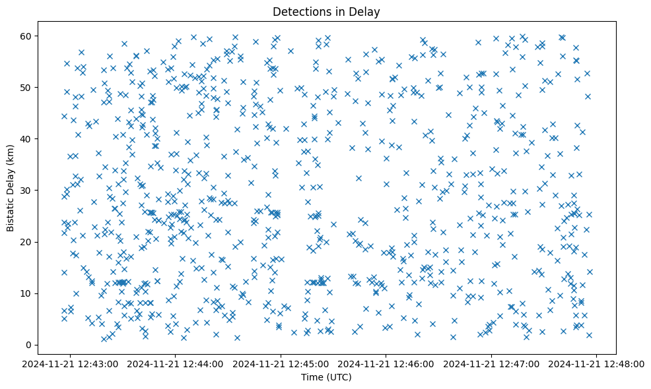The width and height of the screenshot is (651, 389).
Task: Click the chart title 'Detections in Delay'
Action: [x=326, y=12]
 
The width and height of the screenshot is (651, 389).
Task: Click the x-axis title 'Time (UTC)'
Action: [x=326, y=377]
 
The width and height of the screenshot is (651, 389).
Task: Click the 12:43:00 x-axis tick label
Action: [x=71, y=364]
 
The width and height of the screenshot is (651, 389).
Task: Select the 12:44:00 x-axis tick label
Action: [x=176, y=364]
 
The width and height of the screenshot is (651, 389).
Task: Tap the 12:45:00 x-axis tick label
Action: [x=281, y=364]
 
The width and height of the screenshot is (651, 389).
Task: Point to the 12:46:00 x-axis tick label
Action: [x=387, y=364]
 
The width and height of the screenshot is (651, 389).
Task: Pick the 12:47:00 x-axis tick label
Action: [x=492, y=364]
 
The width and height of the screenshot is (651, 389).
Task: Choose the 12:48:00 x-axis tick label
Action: [x=598, y=364]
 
